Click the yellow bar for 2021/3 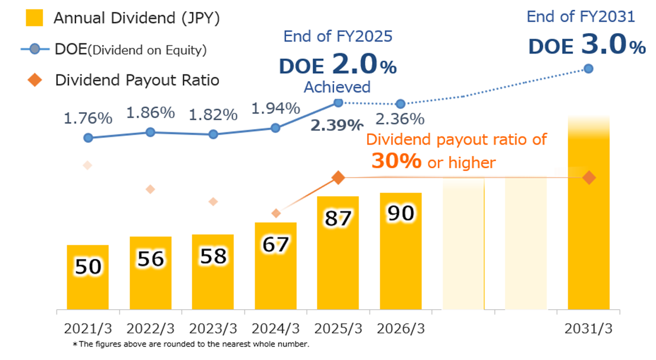(88, 277)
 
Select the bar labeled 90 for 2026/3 (401, 251)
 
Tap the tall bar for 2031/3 (588, 217)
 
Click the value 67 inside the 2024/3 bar (276, 245)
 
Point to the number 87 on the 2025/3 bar (338, 218)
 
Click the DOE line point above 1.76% (88, 138)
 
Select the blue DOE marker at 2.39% (338, 102)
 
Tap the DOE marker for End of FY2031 (589, 69)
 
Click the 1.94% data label (276, 108)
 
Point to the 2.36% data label (400, 119)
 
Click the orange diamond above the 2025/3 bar (338, 178)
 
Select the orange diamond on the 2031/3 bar (589, 178)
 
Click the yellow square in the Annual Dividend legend (35, 18)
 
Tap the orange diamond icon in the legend (35, 80)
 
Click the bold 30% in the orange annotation (397, 161)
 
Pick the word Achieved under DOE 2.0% (337, 87)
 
